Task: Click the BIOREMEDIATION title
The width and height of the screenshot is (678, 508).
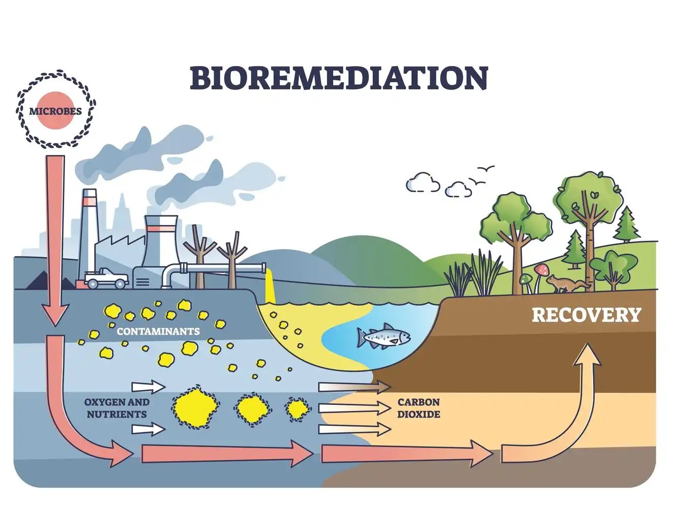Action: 339,77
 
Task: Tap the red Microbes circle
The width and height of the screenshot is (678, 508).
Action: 55,111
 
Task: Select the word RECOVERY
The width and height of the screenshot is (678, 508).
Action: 586,315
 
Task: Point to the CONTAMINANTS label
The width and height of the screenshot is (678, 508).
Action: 158,332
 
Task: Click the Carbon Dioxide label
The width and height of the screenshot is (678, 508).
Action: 419,408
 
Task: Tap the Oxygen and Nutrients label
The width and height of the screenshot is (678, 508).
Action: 116,408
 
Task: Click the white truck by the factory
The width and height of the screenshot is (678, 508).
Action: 107,278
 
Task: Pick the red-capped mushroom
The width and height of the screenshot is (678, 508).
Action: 540,270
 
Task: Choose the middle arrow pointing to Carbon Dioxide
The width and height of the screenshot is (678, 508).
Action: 354,407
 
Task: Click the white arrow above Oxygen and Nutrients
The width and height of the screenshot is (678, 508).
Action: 148,387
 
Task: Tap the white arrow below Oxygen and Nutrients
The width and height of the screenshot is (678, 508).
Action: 148,430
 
